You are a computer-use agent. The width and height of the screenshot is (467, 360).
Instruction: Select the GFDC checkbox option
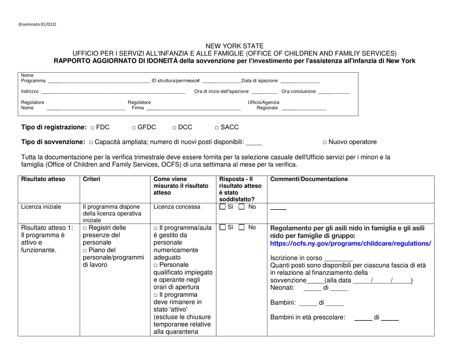point(134,128)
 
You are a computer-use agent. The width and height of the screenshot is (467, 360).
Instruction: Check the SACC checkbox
point(218,128)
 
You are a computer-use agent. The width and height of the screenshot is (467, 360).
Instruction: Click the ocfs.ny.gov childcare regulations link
point(350,244)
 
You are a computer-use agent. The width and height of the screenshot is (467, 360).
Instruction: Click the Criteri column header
point(93,179)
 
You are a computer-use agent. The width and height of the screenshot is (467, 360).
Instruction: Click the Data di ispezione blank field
point(299,82)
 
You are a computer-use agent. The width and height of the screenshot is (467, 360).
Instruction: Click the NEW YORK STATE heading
point(233,46)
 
